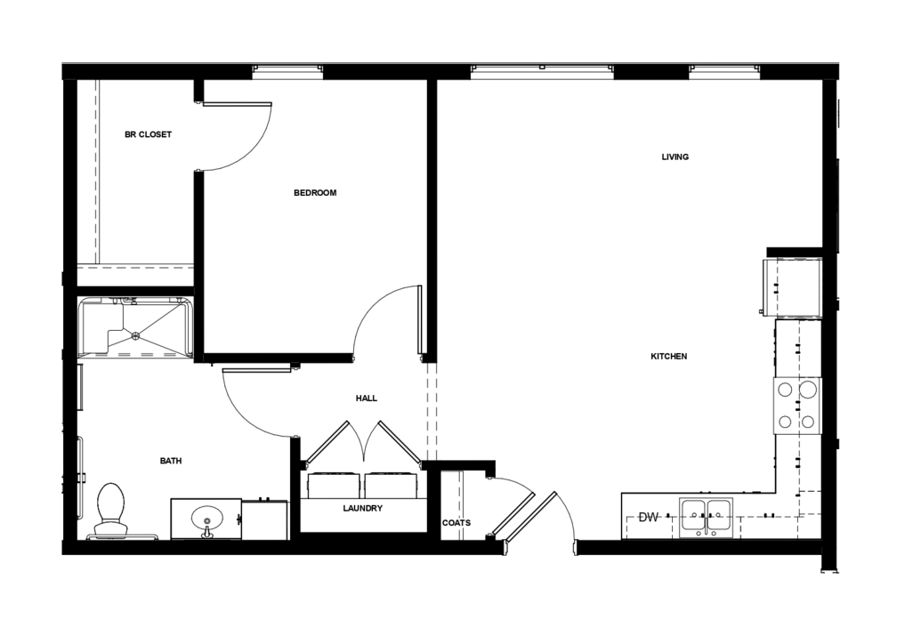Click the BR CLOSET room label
pos(148,134)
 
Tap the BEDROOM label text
pos(314,193)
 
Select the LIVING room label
pos(675,157)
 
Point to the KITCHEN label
pos(668,357)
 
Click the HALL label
pos(366,398)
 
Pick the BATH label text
pos(170,461)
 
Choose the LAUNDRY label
pos(362,508)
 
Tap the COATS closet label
pos(456,522)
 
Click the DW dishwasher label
pos(648,517)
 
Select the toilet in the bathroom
pos(111,509)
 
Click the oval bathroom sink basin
pos(206,516)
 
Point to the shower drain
pos(135,334)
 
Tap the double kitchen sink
pos(706,517)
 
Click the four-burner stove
pos(797,406)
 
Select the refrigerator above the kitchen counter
pos(791,288)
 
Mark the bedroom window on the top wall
pos(287,71)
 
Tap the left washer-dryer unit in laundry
pos(334,486)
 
